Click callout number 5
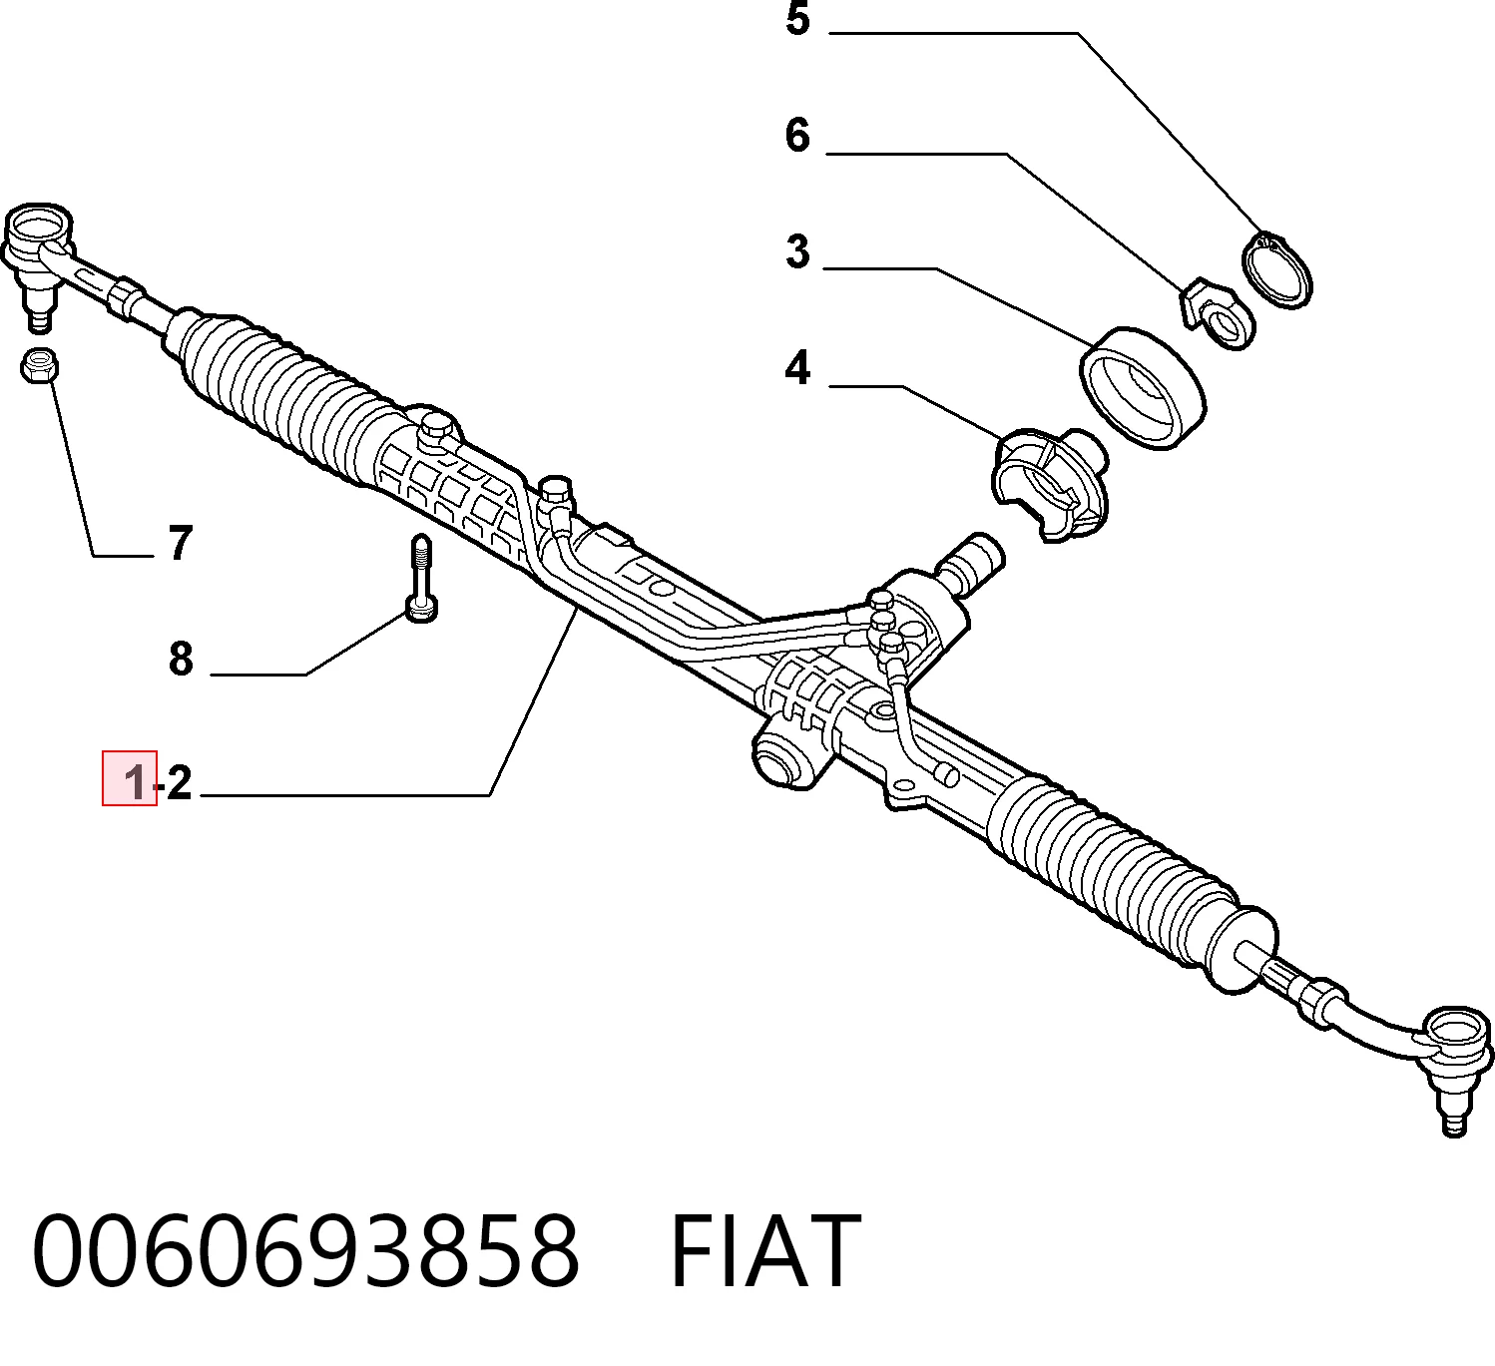pos(798,19)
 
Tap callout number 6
pos(798,136)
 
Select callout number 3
pos(798,251)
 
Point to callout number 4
pos(798,368)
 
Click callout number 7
pos(181,543)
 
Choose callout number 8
pos(181,660)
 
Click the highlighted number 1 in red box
pos(135,783)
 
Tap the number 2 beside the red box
pos(179,783)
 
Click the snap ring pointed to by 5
pos(1277,269)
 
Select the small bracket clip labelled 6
pos(1218,313)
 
